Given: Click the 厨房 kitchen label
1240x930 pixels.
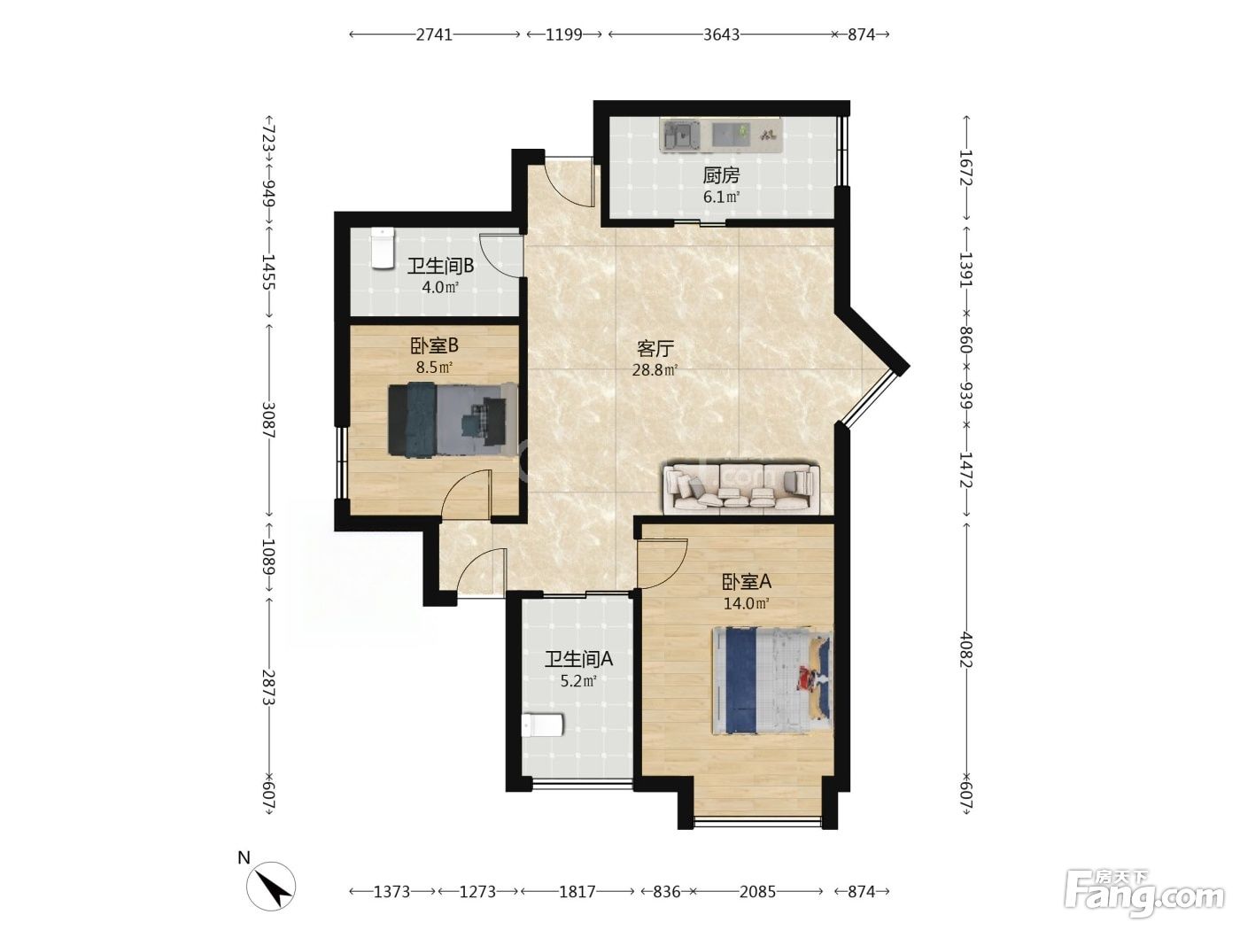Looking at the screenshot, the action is [x=721, y=175].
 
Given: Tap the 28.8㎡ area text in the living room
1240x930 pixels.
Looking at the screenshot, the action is [x=655, y=370].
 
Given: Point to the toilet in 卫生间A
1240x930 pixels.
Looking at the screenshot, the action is [x=542, y=725].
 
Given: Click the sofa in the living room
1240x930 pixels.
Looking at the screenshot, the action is [x=741, y=488].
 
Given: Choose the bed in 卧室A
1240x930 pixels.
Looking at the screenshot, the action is [x=772, y=680].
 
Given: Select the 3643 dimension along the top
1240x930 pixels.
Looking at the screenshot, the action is [x=721, y=35].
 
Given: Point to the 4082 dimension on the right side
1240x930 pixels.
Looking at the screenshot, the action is [x=966, y=649].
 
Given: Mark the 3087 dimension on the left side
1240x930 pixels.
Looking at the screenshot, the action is [x=268, y=420].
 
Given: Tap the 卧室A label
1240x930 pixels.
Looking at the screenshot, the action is [x=747, y=581].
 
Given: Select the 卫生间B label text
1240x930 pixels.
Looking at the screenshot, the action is [x=440, y=266].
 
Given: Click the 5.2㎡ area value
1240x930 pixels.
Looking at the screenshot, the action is [x=578, y=681].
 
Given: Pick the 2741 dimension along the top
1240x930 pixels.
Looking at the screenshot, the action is [x=434, y=35].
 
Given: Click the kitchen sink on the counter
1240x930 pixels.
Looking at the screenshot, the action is [x=681, y=136].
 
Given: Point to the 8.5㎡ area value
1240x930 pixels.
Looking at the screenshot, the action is [x=434, y=368].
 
